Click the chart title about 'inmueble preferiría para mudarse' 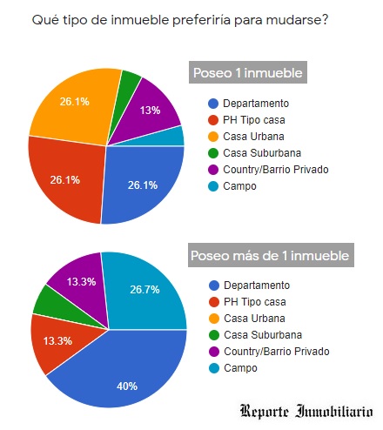(x=179, y=19)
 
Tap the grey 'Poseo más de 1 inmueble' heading (x=271, y=256)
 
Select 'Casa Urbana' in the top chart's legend (x=252, y=136)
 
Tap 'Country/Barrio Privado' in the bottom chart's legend (x=274, y=352)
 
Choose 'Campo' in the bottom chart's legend (x=241, y=368)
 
